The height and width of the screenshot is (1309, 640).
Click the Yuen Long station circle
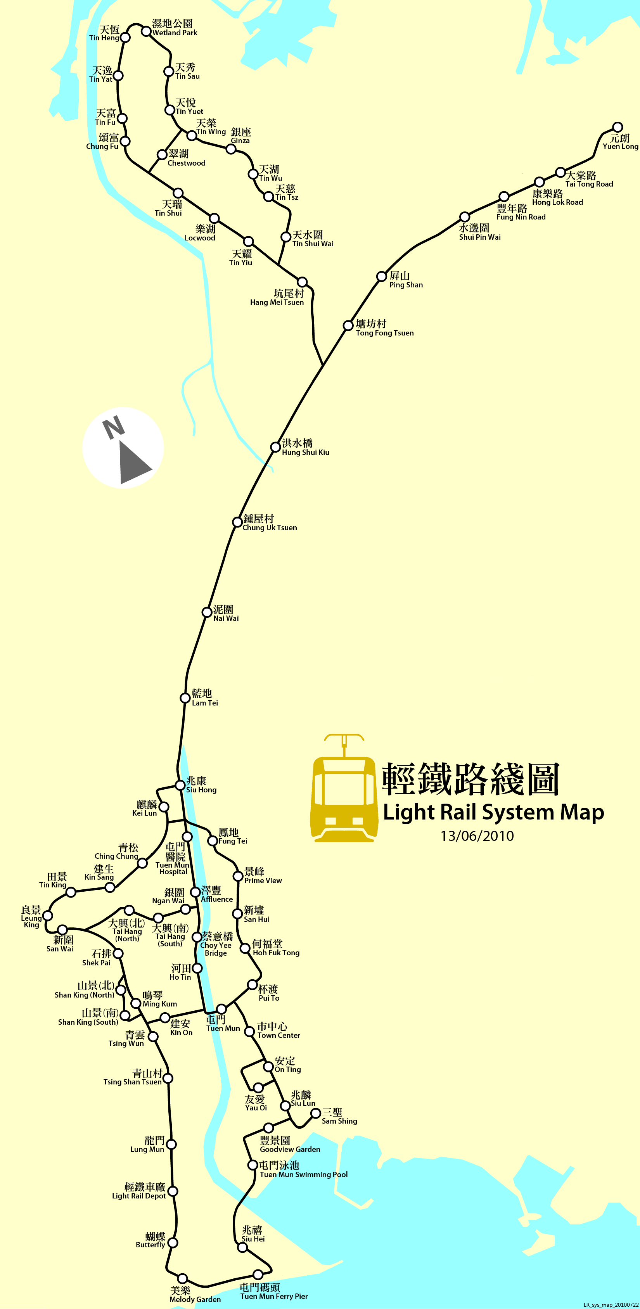tap(617, 127)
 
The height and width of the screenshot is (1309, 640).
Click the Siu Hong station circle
tap(180, 785)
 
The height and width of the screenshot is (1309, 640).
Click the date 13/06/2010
tap(477, 836)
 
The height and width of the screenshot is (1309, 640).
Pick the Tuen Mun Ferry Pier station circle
tap(258, 1274)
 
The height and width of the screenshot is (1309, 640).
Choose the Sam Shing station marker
tap(315, 1113)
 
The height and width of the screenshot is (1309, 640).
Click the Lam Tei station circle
tap(185, 698)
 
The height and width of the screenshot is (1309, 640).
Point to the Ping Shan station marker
tap(381, 277)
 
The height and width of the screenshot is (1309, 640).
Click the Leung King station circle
tap(47, 916)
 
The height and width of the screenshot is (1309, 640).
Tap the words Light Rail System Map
tap(493, 812)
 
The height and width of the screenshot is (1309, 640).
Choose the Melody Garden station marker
tap(182, 1278)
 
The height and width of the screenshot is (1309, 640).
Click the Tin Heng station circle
tap(125, 37)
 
